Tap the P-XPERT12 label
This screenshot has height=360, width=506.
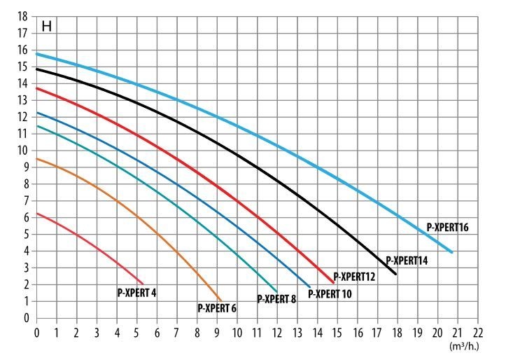354,277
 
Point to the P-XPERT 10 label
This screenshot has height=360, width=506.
330,293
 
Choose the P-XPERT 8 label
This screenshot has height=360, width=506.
276,299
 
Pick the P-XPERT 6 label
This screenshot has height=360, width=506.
217,307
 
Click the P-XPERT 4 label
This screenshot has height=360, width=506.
136,293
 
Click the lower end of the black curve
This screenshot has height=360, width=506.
396,274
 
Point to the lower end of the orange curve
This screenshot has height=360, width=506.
221,300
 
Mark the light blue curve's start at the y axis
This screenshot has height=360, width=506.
37,54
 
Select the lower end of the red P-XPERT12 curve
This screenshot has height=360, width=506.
334,282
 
